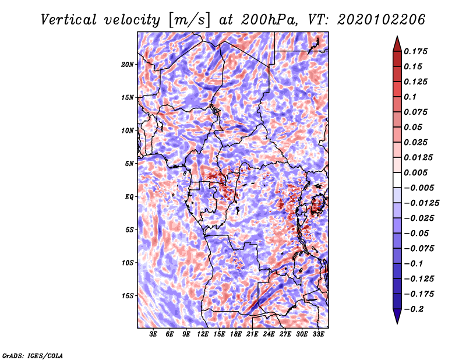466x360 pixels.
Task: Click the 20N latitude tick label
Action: point(127,65)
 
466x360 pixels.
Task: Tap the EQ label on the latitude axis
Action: point(129,197)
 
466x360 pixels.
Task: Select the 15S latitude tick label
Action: point(127,296)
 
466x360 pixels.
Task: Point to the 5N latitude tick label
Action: point(129,164)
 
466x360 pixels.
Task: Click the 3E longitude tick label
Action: point(153,334)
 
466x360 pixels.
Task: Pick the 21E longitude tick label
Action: point(252,334)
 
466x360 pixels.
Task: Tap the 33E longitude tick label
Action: point(318,334)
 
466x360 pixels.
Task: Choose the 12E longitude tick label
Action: point(202,334)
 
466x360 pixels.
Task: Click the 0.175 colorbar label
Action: point(415,51)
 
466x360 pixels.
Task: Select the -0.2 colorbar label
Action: point(414,309)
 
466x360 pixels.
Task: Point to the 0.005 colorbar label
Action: point(415,172)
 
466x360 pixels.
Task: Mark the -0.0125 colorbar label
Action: point(421,203)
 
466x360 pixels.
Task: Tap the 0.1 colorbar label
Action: point(410,97)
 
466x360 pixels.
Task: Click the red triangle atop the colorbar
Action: point(397,44)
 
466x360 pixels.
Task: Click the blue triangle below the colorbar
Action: point(397,316)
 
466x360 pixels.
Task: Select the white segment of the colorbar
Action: point(397,180)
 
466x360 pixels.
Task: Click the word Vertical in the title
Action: point(69,20)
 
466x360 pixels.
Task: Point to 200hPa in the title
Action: point(269,20)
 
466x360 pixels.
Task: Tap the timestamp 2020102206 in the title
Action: point(382,20)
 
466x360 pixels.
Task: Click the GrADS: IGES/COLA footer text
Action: point(33,356)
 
